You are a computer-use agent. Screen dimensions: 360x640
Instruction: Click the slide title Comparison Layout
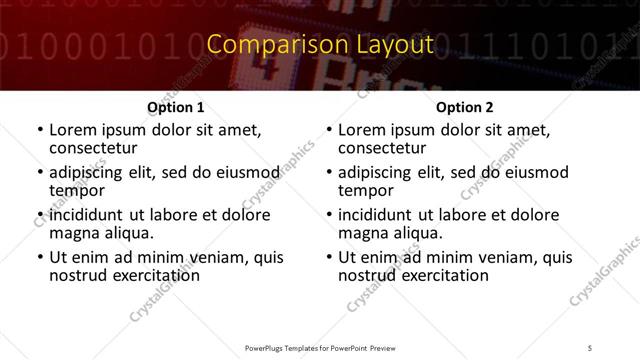(x=320, y=45)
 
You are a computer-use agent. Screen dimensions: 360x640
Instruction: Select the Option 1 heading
(x=176, y=107)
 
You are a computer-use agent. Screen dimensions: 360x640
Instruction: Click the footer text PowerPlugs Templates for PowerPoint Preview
(x=320, y=347)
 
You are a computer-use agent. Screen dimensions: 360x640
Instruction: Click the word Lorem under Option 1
(x=73, y=129)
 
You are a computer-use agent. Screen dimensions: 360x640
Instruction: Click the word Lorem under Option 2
(x=362, y=129)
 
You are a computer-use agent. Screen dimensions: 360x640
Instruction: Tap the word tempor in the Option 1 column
(x=76, y=191)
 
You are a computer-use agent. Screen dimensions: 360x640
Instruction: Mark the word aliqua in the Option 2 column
(x=419, y=234)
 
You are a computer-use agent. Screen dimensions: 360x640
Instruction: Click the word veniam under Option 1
(x=207, y=257)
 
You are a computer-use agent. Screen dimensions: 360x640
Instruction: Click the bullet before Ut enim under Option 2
(x=328, y=258)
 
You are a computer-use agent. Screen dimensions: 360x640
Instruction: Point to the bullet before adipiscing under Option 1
(x=39, y=173)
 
